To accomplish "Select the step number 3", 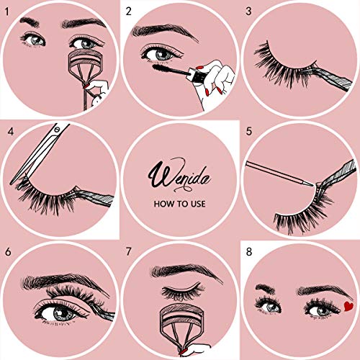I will point(249,11).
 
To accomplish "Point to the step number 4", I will point(10,132).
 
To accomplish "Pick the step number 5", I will point(249,132).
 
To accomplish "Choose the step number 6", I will point(8,252).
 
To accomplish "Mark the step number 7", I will point(129,252).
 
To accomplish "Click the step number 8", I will point(249,252).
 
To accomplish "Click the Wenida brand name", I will point(179,174).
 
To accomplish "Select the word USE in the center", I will point(198,204).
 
